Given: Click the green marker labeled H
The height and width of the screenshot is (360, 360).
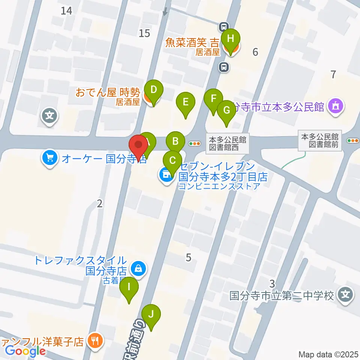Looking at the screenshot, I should [x=231, y=38].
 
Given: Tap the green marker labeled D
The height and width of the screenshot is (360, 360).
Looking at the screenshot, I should [x=153, y=90].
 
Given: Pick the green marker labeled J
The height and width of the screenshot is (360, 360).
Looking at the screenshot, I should [x=151, y=314].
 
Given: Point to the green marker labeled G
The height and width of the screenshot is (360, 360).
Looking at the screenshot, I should [x=226, y=110].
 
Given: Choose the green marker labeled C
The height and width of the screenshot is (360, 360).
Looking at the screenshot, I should [x=172, y=160].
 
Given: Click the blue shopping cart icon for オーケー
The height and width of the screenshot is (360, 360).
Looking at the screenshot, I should [x=50, y=158].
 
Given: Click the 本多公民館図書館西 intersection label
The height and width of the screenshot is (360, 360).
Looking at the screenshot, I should [x=228, y=143].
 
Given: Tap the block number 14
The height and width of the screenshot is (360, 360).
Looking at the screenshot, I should [x=67, y=11].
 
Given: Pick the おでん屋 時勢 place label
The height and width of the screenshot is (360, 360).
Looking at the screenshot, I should [x=108, y=92].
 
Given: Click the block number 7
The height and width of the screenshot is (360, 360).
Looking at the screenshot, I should [x=333, y=74].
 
